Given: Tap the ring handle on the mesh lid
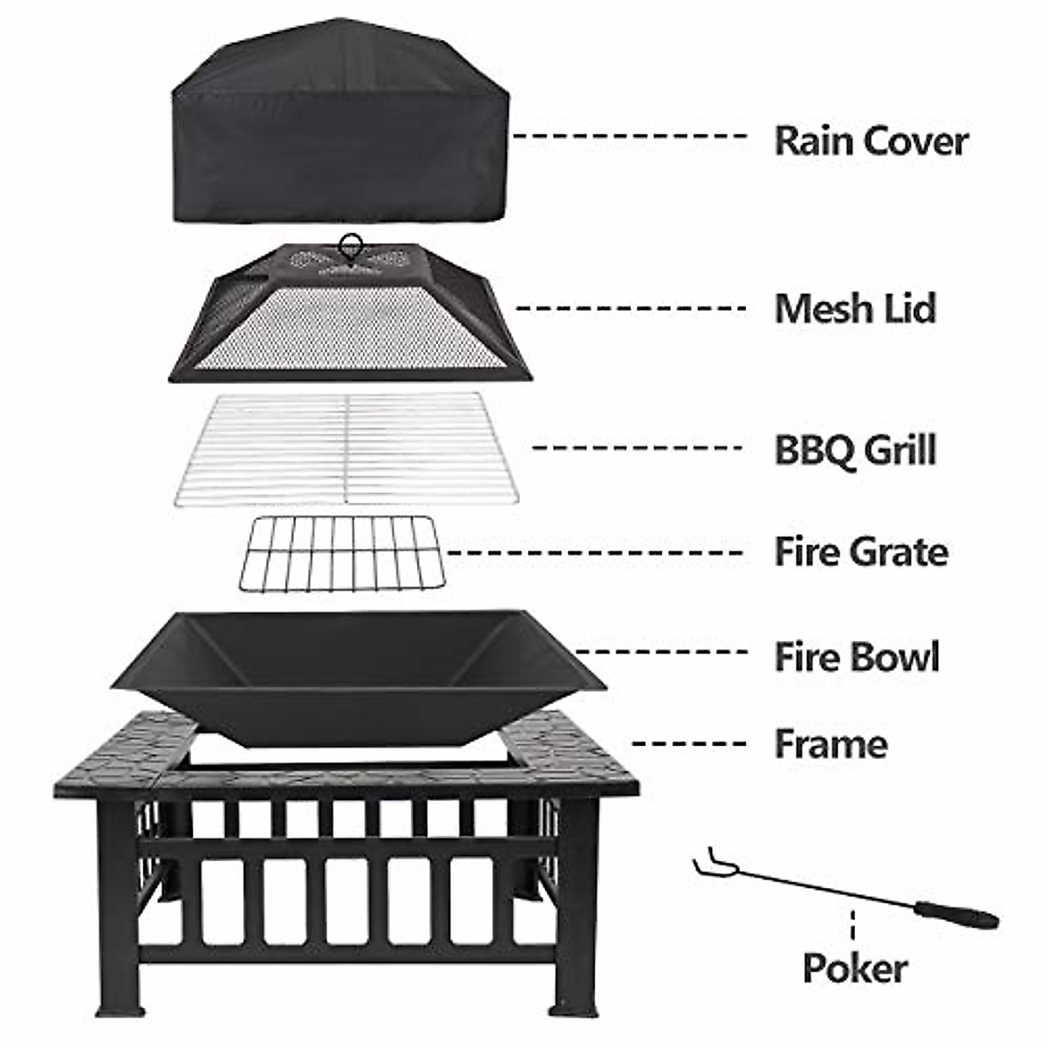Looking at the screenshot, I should [351, 244].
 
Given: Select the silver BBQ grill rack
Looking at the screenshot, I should [346, 448].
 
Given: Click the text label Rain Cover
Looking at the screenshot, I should [871, 140].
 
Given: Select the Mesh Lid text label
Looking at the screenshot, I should [855, 308].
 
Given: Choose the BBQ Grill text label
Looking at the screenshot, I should [855, 449].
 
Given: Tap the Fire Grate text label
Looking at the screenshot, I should [861, 551].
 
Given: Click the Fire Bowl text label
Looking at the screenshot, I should [857, 656].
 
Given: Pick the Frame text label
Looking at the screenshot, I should [831, 744].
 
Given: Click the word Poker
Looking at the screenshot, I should [854, 968].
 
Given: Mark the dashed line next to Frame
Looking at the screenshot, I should [689, 744].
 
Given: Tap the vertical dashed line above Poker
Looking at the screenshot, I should [852, 925].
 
